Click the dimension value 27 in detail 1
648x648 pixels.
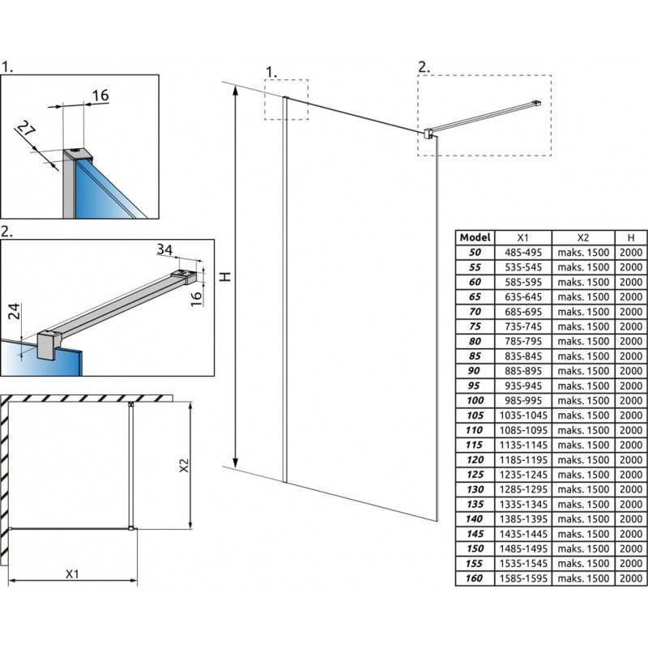27,129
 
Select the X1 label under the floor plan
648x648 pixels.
72,573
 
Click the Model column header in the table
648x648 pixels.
475,237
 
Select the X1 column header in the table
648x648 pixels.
522,237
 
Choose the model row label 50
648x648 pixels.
475,253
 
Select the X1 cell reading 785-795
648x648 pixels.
522,342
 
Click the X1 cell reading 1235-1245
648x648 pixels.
522,475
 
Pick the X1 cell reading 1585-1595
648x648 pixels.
522,578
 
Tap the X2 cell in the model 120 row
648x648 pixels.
582,460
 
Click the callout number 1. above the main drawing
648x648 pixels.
271,71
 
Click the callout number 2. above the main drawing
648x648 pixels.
424,67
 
